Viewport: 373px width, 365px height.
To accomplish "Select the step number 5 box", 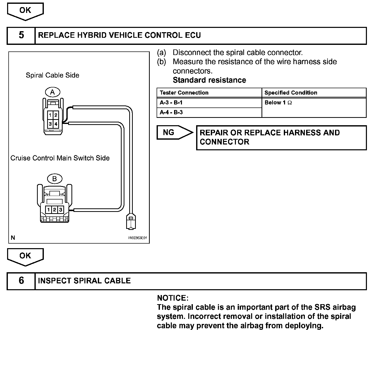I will coord(21,35).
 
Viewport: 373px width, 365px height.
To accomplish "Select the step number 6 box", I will coord(21,281).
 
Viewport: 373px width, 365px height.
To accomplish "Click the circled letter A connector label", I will coord(52,92).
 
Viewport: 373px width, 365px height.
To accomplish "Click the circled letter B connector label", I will coord(54,179).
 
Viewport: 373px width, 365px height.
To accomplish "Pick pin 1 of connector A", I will coord(51,115).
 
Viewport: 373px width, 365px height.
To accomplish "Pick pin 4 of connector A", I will coord(56,124).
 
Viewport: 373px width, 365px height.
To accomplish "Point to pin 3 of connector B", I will coord(60,210).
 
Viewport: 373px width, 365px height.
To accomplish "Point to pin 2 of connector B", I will coord(54,210).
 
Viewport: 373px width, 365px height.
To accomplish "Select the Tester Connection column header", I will coord(184,93).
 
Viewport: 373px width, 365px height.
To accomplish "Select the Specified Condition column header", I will coord(291,93).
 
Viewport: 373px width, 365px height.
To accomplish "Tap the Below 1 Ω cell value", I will coord(278,103).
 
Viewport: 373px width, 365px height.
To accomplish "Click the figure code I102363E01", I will coord(138,238).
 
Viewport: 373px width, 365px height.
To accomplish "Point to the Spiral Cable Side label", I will coord(52,75).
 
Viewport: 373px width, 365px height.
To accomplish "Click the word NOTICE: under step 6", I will coord(173,298).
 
